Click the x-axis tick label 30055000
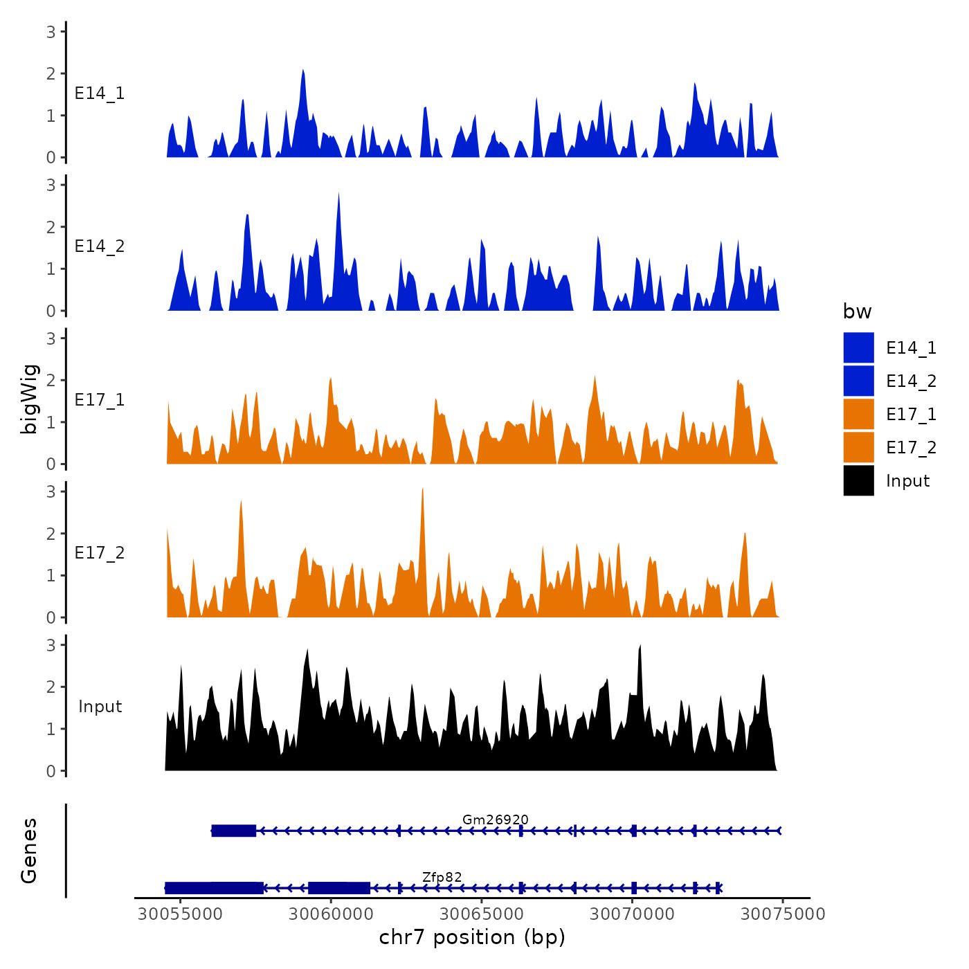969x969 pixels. (180, 914)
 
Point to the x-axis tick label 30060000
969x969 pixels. (331, 914)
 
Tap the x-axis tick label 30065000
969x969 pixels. (482, 914)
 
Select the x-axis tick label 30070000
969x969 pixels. (632, 914)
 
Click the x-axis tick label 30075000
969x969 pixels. (783, 914)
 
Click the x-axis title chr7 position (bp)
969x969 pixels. (472, 938)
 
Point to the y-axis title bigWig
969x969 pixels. (30, 399)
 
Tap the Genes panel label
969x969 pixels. (29, 851)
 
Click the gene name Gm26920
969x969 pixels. (495, 819)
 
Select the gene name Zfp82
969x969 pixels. (442, 877)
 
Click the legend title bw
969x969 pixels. (857, 312)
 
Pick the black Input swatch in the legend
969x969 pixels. (858, 480)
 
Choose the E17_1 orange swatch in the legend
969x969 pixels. (858, 414)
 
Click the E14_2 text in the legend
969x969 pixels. (911, 381)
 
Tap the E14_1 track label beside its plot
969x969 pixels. (100, 93)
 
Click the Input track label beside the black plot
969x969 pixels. (100, 707)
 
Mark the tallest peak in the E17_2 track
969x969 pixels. (422, 490)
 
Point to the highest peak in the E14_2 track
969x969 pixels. (338, 194)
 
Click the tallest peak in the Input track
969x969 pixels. (640, 646)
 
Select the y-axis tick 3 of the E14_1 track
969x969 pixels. (51, 31)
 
